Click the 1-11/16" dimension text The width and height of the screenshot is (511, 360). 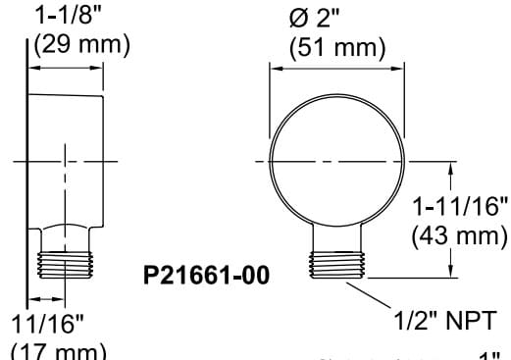click(460, 209)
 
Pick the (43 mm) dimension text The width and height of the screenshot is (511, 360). click(460, 235)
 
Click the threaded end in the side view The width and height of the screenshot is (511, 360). click(67, 266)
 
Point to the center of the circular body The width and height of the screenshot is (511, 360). click(337, 160)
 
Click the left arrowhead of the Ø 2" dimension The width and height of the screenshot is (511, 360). click(276, 68)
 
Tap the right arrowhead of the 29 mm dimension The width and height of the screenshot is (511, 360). click(99, 68)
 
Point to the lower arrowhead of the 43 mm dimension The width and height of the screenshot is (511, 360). click(451, 275)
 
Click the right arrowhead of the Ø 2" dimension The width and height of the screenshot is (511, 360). click(399, 68)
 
